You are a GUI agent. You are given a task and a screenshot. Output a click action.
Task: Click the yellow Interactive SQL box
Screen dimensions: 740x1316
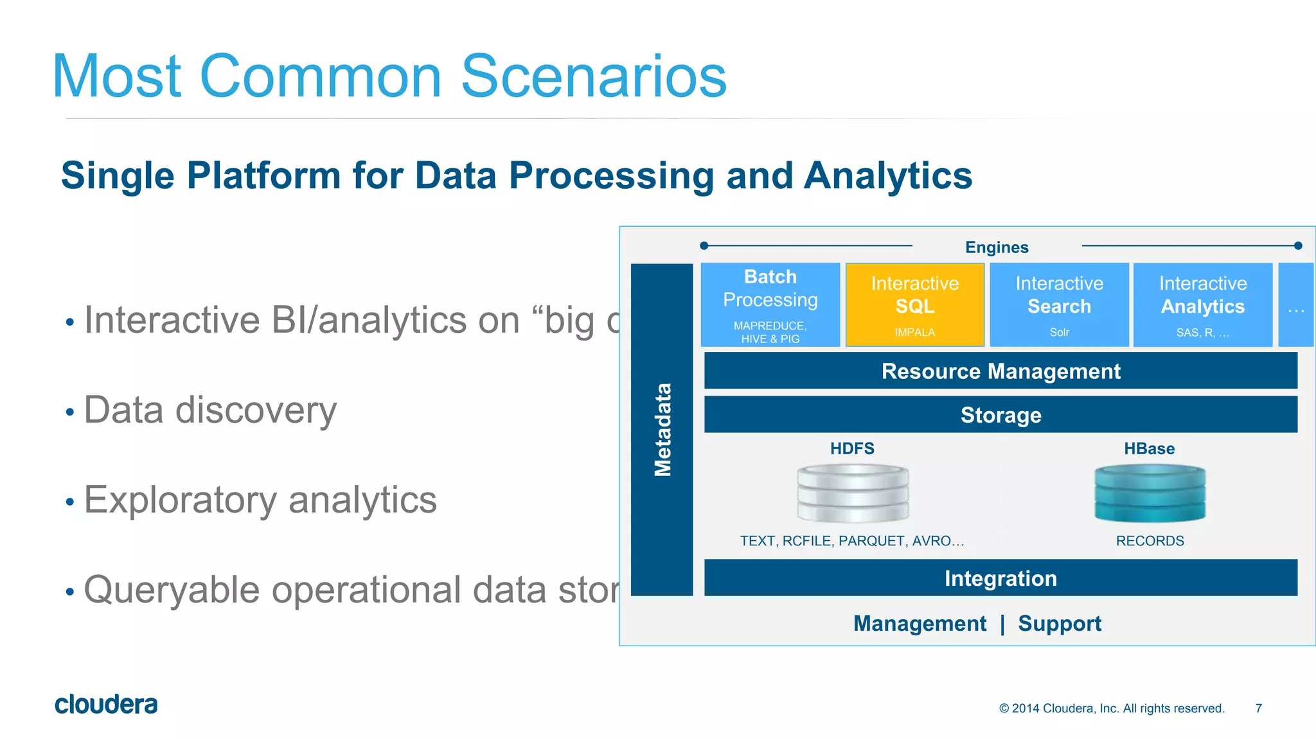click(914, 304)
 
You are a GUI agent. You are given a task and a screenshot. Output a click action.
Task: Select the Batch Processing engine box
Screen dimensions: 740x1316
click(770, 304)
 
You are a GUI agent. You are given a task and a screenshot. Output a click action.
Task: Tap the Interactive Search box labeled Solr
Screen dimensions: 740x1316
click(1059, 304)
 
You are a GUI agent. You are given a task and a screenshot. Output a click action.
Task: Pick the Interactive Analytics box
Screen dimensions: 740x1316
click(1202, 304)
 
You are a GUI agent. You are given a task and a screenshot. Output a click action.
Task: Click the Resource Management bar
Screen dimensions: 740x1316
click(1000, 371)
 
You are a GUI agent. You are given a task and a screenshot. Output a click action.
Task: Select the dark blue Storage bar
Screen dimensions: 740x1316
click(1000, 414)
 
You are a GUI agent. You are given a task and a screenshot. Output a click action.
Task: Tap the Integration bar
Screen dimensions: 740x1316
click(1000, 578)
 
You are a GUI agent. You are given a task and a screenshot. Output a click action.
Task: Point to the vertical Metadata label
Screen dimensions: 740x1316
click(662, 429)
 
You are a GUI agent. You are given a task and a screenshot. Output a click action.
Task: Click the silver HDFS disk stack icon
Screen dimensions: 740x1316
click(853, 493)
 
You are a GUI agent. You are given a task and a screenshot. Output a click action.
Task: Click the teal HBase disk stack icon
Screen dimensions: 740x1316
click(1150, 493)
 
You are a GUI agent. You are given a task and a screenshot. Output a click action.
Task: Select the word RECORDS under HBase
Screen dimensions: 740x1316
click(1150, 541)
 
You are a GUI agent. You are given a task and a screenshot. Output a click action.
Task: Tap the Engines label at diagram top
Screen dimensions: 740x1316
click(997, 247)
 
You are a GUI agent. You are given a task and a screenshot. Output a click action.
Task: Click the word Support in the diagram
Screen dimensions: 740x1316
click(1060, 623)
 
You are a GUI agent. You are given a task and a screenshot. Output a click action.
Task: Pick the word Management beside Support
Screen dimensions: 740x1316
click(920, 623)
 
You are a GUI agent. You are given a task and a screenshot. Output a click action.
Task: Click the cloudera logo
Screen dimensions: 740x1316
click(106, 705)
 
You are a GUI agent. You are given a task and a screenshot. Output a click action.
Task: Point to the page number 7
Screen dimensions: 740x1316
click(1258, 708)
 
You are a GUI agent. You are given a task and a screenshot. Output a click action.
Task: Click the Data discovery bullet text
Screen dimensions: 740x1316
click(210, 410)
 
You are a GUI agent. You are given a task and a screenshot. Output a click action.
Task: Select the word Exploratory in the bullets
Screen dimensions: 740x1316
click(180, 500)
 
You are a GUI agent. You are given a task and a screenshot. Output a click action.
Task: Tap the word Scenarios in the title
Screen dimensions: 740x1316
click(593, 76)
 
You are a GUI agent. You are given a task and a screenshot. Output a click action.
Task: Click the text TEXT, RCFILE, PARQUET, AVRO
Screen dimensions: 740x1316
click(851, 541)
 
